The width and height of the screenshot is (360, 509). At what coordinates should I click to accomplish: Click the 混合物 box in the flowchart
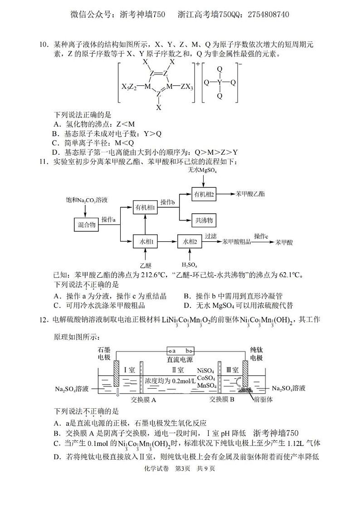click(x=87, y=225)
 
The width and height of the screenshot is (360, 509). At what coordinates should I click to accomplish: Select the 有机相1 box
click(x=146, y=208)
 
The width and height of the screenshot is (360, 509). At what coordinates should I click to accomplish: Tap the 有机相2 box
click(x=204, y=194)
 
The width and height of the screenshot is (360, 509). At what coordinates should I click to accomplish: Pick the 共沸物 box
click(x=204, y=220)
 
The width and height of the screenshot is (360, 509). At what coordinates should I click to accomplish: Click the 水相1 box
click(x=146, y=242)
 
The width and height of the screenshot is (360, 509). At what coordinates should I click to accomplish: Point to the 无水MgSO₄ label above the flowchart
click(x=202, y=171)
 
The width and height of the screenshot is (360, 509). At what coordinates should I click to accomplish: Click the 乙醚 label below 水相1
click(x=146, y=264)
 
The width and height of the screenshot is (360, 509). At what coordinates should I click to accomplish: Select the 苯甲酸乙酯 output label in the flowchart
click(x=250, y=194)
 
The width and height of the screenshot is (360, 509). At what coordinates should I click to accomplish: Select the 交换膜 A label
click(x=143, y=400)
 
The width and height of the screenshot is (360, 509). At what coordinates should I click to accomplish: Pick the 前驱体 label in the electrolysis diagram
click(x=263, y=399)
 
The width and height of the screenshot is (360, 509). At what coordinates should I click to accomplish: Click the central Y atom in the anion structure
click(x=220, y=83)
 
